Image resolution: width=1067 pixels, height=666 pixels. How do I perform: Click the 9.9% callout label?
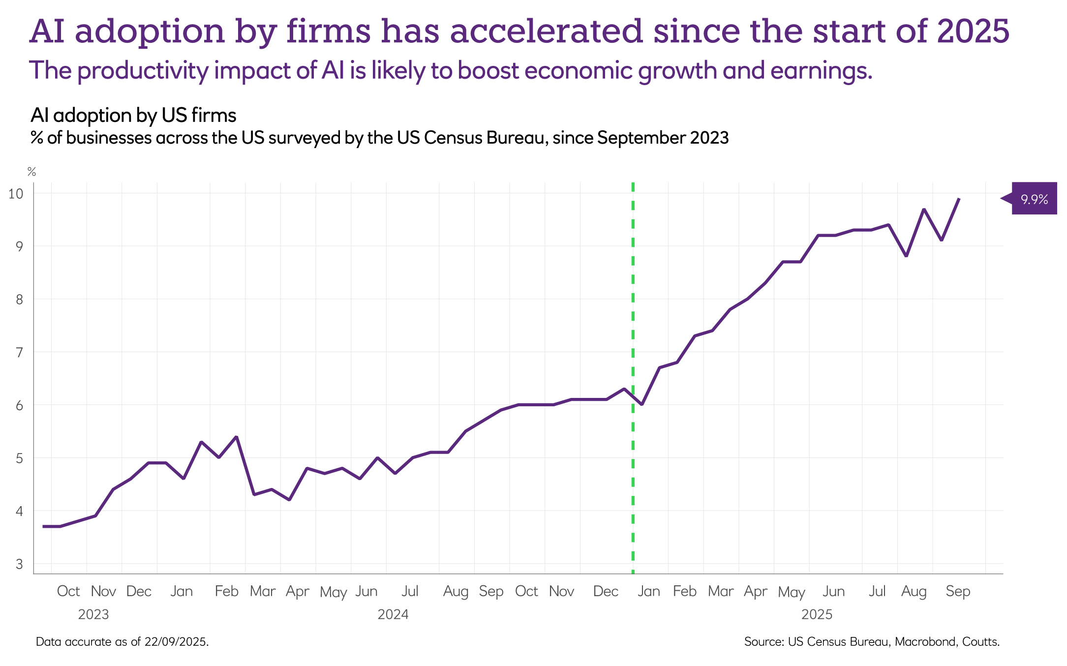pyautogui.click(x=1034, y=199)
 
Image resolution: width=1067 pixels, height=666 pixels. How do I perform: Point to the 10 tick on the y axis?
pyautogui.click(x=16, y=193)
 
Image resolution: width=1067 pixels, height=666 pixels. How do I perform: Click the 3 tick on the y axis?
pyautogui.click(x=19, y=564)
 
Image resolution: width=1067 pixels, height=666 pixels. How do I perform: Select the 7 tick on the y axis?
pyautogui.click(x=19, y=352)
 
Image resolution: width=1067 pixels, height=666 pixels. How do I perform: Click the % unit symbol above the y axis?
pyautogui.click(x=31, y=172)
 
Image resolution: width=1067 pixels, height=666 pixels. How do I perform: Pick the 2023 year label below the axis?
pyautogui.click(x=93, y=614)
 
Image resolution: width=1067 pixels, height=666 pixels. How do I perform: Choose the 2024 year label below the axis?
pyautogui.click(x=393, y=614)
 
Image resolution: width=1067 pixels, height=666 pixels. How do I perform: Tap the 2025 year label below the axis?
pyautogui.click(x=817, y=614)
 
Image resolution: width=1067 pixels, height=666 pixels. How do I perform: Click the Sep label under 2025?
pyautogui.click(x=957, y=591)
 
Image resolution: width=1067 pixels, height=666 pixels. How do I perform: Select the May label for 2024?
pyautogui.click(x=333, y=592)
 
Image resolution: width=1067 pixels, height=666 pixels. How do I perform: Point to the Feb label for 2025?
pyautogui.click(x=684, y=591)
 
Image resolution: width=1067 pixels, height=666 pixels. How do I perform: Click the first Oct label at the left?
pyautogui.click(x=68, y=591)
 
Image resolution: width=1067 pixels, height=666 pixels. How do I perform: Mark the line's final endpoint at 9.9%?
pyautogui.click(x=959, y=199)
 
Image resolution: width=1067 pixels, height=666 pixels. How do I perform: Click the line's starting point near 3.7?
pyautogui.click(x=43, y=526)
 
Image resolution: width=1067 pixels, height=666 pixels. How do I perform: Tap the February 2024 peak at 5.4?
pyautogui.click(x=237, y=437)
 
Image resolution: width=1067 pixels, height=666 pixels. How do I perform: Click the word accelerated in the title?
pyautogui.click(x=546, y=31)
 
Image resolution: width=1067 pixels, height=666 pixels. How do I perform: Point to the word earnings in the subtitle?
pyautogui.click(x=821, y=71)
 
